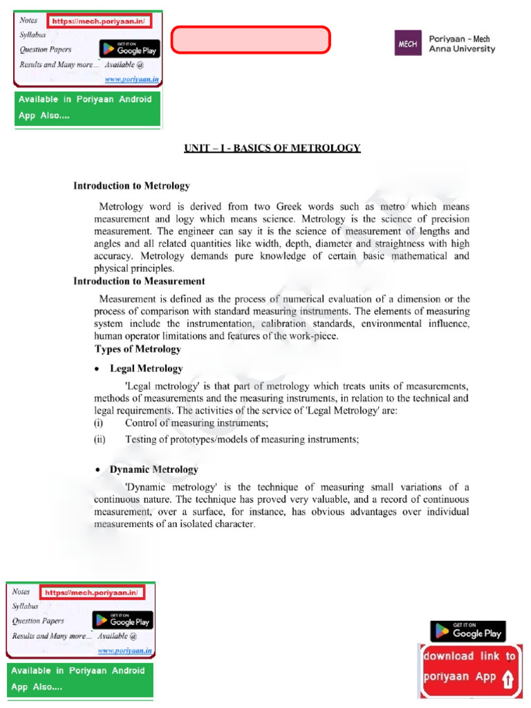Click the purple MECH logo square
(405, 45)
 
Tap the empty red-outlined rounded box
(251, 40)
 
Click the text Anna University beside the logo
(463, 49)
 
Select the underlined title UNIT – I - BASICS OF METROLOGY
(272, 148)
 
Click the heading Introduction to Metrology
(131, 186)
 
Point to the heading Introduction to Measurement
(139, 281)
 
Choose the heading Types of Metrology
(137, 348)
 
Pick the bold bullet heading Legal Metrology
(146, 369)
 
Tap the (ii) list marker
(100, 439)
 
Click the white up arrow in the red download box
(508, 680)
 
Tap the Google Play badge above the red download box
(468, 631)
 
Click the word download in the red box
(448, 656)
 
